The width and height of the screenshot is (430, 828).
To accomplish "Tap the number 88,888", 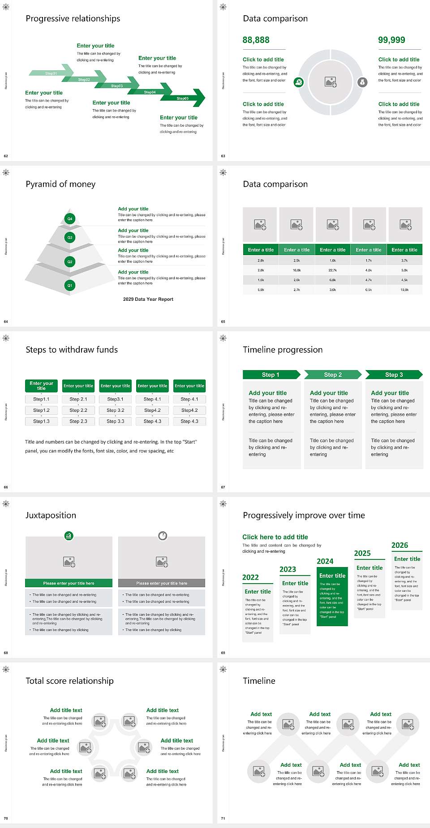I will pos(256,40).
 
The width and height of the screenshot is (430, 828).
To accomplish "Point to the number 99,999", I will pos(391,40).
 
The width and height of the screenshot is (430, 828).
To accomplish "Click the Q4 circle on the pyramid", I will pos(70,219).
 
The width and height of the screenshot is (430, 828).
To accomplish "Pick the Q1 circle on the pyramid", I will pos(70,285).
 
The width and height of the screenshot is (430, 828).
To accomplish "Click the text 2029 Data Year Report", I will pos(148,299).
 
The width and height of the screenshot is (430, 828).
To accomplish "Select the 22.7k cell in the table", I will pos(332,270).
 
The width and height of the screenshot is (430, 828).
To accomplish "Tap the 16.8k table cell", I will pos(297,270).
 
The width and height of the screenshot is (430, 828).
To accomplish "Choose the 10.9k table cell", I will pos(404,290).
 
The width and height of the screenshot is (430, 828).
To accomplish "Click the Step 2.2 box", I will pos(78,410).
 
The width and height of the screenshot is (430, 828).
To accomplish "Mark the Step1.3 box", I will pos(41,421).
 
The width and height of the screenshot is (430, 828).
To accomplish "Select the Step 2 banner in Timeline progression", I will pos(333,375).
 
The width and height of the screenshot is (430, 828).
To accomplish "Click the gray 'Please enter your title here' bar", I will pos(162,583).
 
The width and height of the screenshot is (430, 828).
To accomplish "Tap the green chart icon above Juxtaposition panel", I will pos(69,535).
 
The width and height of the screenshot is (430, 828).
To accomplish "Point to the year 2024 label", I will pos(325,561).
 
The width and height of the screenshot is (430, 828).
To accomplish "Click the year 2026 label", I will pos(400,545).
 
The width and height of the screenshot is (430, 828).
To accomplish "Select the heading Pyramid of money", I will pos(60,184).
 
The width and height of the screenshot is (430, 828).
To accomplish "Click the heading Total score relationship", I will pos(69,681).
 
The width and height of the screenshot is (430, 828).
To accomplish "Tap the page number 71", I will pos(223,818).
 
